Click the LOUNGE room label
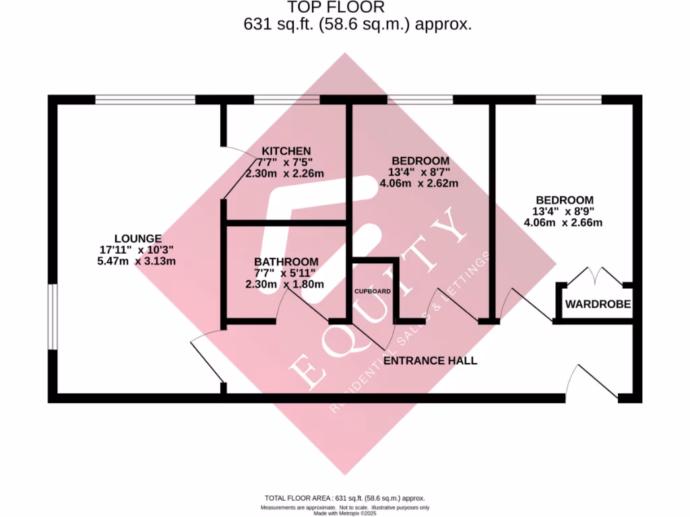click(x=137, y=238)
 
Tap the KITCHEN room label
click(x=286, y=150)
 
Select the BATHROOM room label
click(x=286, y=261)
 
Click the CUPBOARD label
click(x=373, y=291)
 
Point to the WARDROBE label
click(x=598, y=304)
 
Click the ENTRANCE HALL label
click(x=430, y=361)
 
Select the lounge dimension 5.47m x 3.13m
click(x=137, y=261)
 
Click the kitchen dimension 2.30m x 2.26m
click(x=285, y=174)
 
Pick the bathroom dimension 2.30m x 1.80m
click(x=285, y=284)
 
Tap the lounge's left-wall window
click(x=52, y=317)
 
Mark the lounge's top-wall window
click(x=145, y=100)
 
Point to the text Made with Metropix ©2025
click(x=344, y=513)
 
